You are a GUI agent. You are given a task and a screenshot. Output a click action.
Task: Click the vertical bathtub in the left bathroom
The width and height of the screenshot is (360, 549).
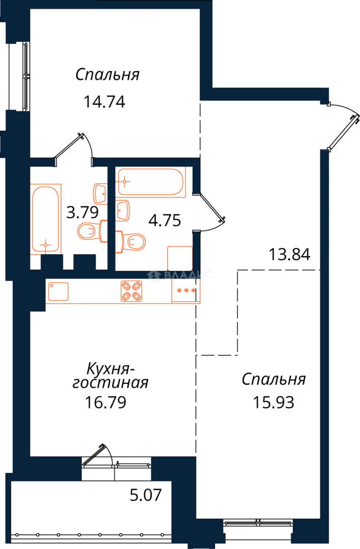click(x=47, y=219)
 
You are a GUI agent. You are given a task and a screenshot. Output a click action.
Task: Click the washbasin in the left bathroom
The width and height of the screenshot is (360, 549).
click(x=100, y=194)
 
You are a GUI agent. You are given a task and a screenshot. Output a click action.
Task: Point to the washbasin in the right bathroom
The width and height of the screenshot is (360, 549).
click(x=124, y=210)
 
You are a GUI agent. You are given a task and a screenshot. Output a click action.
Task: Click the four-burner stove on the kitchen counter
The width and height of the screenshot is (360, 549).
click(x=132, y=291)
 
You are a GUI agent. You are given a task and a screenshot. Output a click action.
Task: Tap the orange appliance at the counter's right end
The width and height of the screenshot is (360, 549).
click(x=185, y=292)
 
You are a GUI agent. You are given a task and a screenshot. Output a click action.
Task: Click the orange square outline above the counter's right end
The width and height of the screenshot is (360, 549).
click(x=180, y=257)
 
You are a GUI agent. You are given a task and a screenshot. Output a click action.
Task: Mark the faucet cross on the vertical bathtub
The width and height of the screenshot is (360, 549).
click(x=46, y=246)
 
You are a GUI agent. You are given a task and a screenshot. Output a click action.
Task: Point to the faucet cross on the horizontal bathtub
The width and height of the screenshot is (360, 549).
click(x=126, y=180)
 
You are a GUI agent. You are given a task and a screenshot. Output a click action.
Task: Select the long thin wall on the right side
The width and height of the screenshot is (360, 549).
click(x=324, y=330)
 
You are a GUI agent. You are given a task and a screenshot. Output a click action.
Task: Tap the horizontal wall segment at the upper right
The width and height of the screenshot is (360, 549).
click(x=264, y=94)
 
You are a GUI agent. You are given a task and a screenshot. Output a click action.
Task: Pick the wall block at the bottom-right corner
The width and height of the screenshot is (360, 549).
click(x=310, y=531)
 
